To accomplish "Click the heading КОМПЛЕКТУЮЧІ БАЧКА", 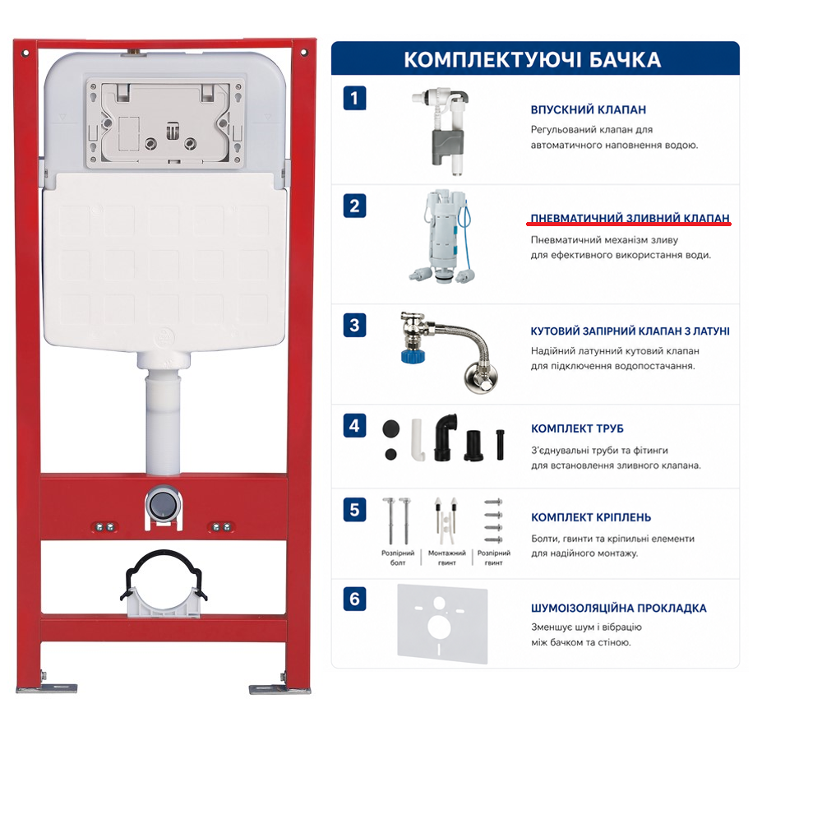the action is pos(532,59).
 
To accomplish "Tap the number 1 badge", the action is pos(354,98).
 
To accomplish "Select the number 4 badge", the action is pos(354,426).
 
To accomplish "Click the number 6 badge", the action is pos(354,599).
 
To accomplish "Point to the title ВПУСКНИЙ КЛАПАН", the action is pos(589,110).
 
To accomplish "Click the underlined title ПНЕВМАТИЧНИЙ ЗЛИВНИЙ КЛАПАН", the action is pos(630,218).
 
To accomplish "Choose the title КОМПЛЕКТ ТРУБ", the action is pos(577,428).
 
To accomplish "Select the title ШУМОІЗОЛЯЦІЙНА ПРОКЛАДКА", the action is pos(619,608).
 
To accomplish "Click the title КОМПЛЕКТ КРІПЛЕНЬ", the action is pos(591,517).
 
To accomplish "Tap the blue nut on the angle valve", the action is pos(413,354).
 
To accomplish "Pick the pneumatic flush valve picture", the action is pos(441,238).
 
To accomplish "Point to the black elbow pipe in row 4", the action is pos(445,437).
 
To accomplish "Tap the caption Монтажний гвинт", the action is pos(447,558).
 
